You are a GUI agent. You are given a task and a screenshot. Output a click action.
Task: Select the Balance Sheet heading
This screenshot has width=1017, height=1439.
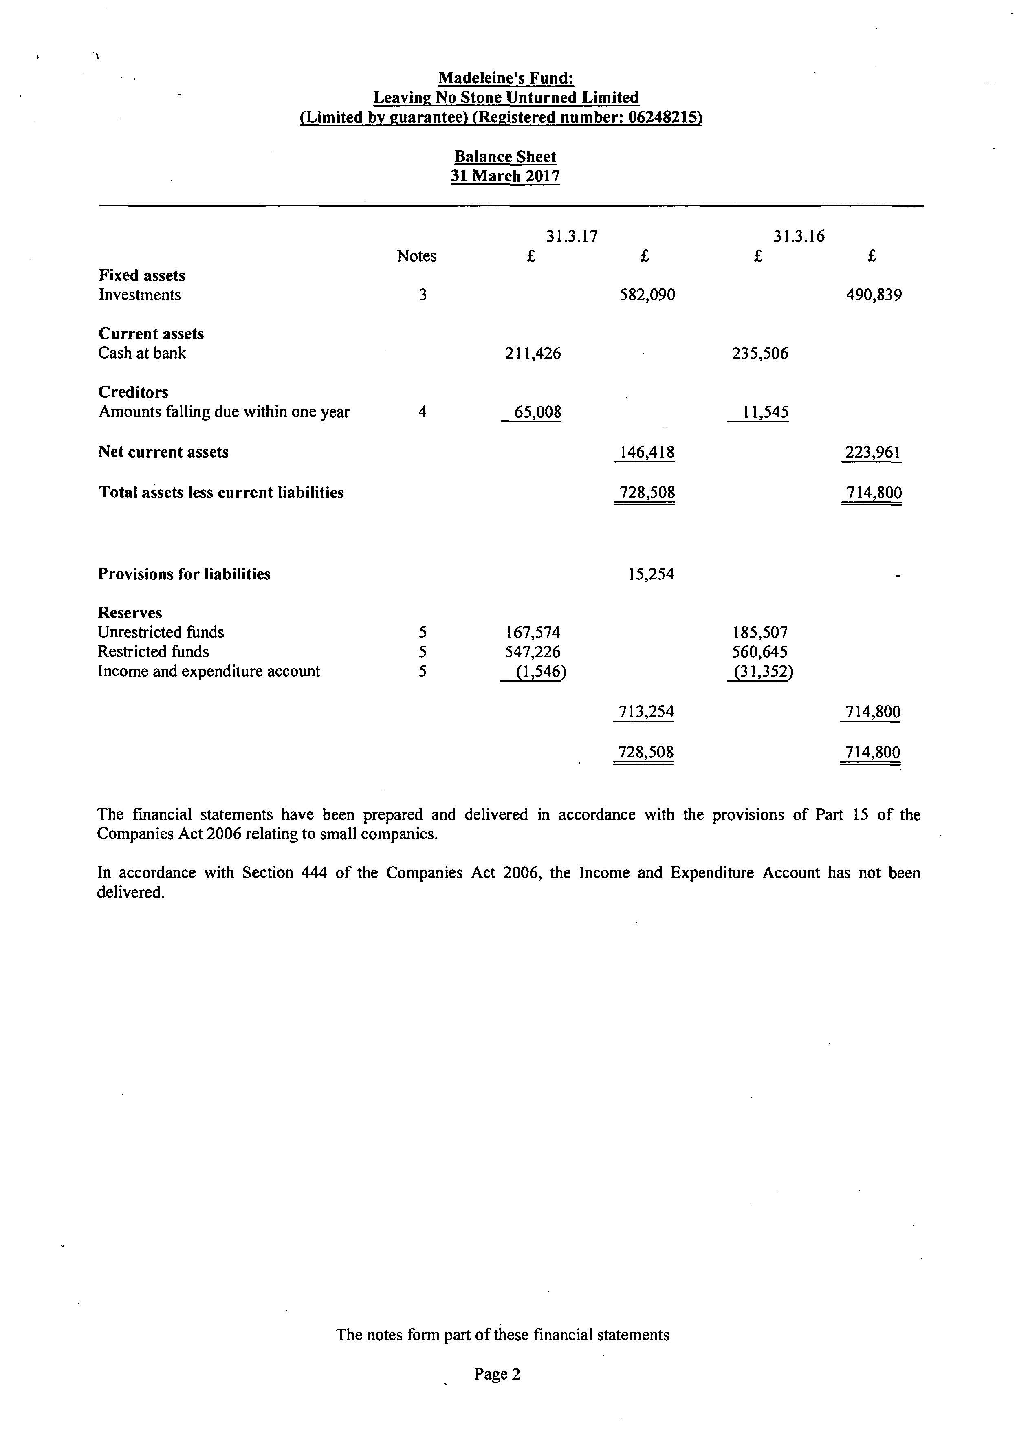pyautogui.click(x=505, y=157)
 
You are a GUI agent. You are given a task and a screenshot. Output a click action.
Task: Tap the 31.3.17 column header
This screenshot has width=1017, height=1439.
pyautogui.click(x=572, y=236)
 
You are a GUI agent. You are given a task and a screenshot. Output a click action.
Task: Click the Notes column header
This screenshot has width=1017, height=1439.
pyautogui.click(x=417, y=256)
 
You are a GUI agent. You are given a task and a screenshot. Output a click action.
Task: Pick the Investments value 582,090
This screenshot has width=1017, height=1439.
pyautogui.click(x=647, y=295)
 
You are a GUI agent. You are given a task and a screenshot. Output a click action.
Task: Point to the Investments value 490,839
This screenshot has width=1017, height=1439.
pyautogui.click(x=874, y=295)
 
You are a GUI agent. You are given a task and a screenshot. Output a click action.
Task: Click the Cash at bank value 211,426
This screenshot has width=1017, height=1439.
pyautogui.click(x=533, y=354)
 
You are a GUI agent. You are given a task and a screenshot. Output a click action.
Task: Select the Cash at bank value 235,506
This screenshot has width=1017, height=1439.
pyautogui.click(x=759, y=354)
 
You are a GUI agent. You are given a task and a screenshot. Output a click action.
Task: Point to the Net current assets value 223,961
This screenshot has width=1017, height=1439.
pyautogui.click(x=873, y=452)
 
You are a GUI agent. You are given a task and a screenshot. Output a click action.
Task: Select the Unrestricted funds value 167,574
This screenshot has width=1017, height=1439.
pyautogui.click(x=533, y=632)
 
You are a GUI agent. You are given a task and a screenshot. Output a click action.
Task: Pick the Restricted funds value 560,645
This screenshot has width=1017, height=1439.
pyautogui.click(x=759, y=652)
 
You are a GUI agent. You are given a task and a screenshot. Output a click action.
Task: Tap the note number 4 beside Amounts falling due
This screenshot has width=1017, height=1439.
pyautogui.click(x=423, y=412)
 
